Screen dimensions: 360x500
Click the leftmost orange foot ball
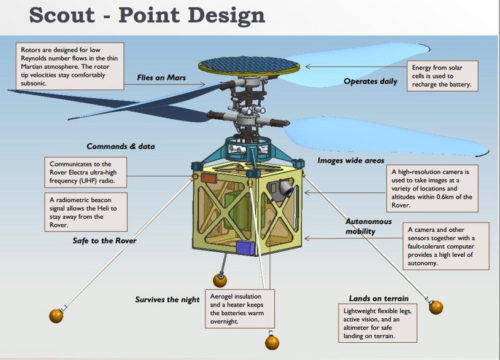click(x=57, y=315)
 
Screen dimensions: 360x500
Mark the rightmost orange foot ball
click(x=435, y=308)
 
